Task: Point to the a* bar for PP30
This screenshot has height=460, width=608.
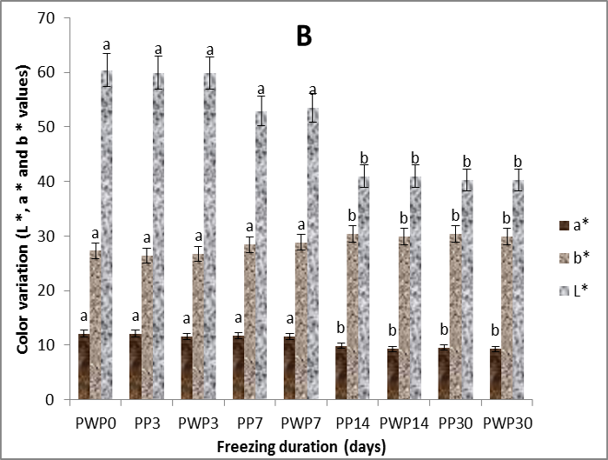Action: coord(444,374)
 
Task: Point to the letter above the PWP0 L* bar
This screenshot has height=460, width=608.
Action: coord(107,44)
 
